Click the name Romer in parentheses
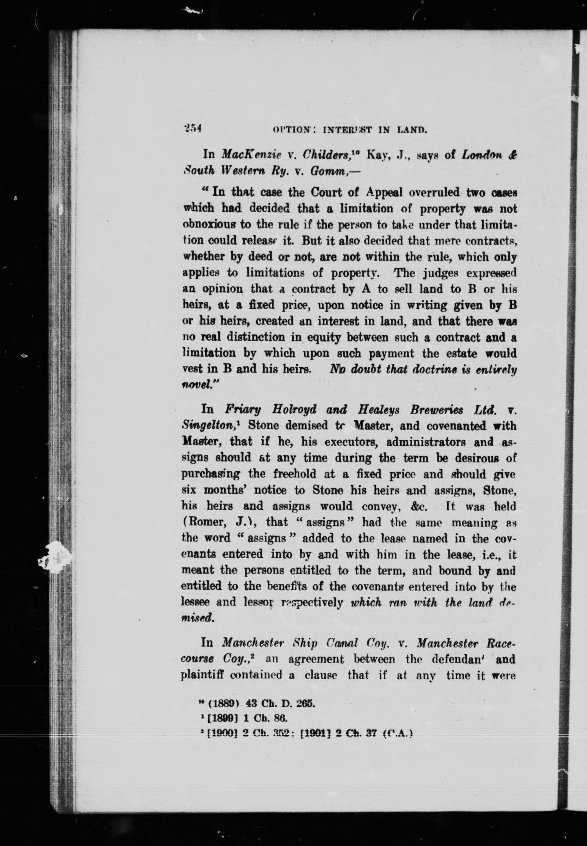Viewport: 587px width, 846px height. [203, 523]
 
